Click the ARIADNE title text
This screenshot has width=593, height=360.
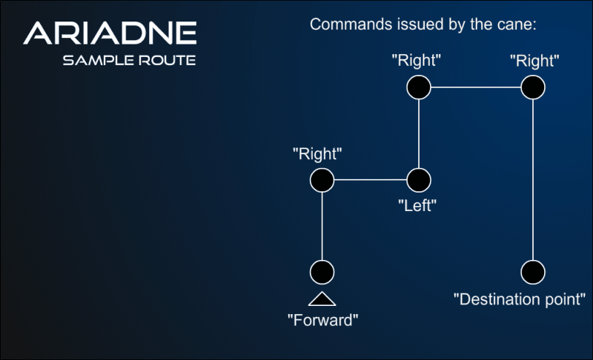click(110, 33)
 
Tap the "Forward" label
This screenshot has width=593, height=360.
click(322, 321)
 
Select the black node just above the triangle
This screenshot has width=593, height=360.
click(322, 272)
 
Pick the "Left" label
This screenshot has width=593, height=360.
click(416, 205)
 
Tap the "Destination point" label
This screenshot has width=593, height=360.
click(520, 299)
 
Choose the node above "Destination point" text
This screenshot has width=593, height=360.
click(533, 272)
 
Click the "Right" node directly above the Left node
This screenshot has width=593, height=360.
click(419, 87)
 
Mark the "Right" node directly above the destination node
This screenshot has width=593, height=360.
click(533, 87)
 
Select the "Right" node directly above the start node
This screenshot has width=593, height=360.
click(322, 179)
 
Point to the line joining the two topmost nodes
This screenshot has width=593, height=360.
click(476, 87)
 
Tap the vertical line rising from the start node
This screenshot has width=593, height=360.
click(322, 226)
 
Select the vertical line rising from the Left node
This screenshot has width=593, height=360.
click(419, 133)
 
